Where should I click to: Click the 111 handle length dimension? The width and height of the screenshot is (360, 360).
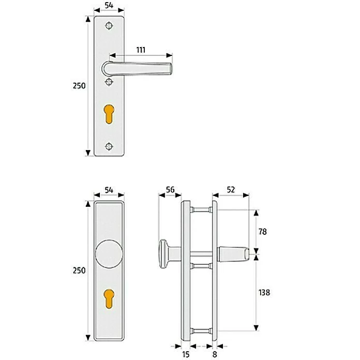(x=141, y=50)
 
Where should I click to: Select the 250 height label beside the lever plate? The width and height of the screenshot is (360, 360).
(x=79, y=86)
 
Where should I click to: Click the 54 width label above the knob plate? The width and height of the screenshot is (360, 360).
(x=109, y=190)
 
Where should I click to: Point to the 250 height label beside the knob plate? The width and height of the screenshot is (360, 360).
(x=79, y=271)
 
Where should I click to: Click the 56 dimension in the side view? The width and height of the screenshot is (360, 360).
(x=170, y=190)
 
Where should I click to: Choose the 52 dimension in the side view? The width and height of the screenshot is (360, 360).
(x=231, y=190)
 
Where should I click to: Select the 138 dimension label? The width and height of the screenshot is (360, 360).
(x=264, y=292)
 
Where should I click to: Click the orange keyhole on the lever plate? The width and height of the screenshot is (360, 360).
(x=109, y=114)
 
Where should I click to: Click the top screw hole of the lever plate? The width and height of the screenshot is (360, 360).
(x=109, y=26)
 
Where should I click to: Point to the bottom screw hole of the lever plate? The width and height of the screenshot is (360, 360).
(x=109, y=146)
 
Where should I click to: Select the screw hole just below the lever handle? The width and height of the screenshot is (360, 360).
(x=109, y=82)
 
